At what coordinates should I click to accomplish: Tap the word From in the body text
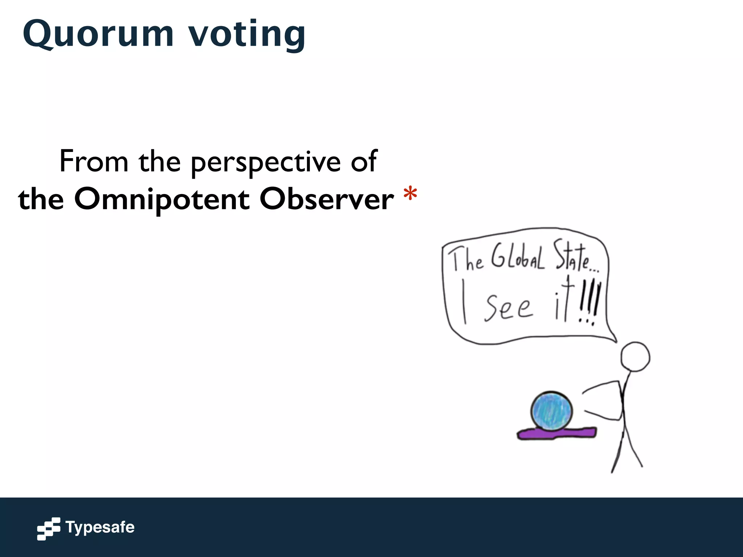click(x=94, y=161)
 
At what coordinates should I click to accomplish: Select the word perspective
click(x=265, y=162)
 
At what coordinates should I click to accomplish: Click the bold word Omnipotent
click(x=161, y=199)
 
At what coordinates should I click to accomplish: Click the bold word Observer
click(x=327, y=199)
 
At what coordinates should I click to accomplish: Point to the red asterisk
click(x=410, y=194)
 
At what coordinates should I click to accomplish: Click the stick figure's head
click(x=635, y=357)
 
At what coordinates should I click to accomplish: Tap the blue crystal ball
click(x=551, y=411)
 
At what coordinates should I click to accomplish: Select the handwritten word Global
click(x=518, y=257)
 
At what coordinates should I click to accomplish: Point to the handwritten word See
click(x=508, y=308)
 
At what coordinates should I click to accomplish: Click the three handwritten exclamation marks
click(x=590, y=303)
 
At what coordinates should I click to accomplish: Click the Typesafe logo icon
click(x=48, y=529)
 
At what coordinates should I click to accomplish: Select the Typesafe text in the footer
click(x=100, y=527)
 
